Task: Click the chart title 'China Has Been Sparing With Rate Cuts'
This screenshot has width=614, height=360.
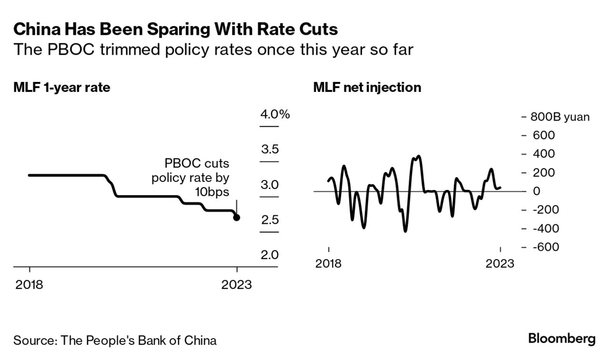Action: point(176,30)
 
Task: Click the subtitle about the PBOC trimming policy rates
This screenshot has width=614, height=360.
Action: point(213,50)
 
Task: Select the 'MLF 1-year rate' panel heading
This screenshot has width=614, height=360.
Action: point(62,88)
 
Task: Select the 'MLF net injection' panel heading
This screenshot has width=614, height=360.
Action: point(367,88)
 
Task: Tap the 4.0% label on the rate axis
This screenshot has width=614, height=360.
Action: point(275,114)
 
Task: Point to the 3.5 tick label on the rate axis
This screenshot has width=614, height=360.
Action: point(270,150)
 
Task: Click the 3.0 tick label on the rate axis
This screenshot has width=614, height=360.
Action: point(270,185)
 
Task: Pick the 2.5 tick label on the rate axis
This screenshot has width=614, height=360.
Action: point(270,220)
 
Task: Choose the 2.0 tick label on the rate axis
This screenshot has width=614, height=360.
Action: point(270,255)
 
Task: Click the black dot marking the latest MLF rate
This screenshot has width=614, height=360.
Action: point(237,218)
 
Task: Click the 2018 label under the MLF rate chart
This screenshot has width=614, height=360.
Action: point(30,285)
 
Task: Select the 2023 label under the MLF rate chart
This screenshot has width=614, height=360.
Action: point(237,285)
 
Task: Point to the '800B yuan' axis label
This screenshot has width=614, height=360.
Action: point(560,117)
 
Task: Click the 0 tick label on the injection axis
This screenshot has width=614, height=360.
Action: point(537,191)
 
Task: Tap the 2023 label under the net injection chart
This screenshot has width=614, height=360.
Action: point(500,263)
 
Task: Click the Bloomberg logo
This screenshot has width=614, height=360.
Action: point(562,339)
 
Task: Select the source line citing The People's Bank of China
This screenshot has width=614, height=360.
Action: point(115,340)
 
